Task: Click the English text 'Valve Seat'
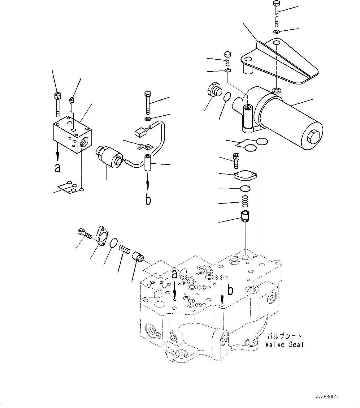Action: (x=284, y=344)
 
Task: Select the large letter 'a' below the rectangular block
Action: (x=58, y=168)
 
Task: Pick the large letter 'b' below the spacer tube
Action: (x=148, y=200)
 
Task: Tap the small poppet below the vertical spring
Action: (x=245, y=215)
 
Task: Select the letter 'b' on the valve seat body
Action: (x=230, y=290)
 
